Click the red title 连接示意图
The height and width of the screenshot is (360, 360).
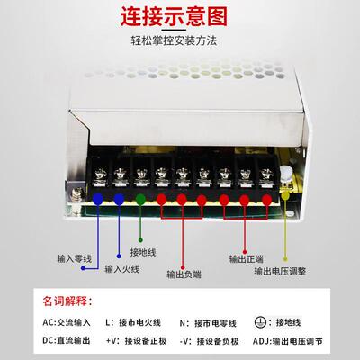pos(180,16)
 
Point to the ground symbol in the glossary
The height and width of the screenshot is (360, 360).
pos(259,320)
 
